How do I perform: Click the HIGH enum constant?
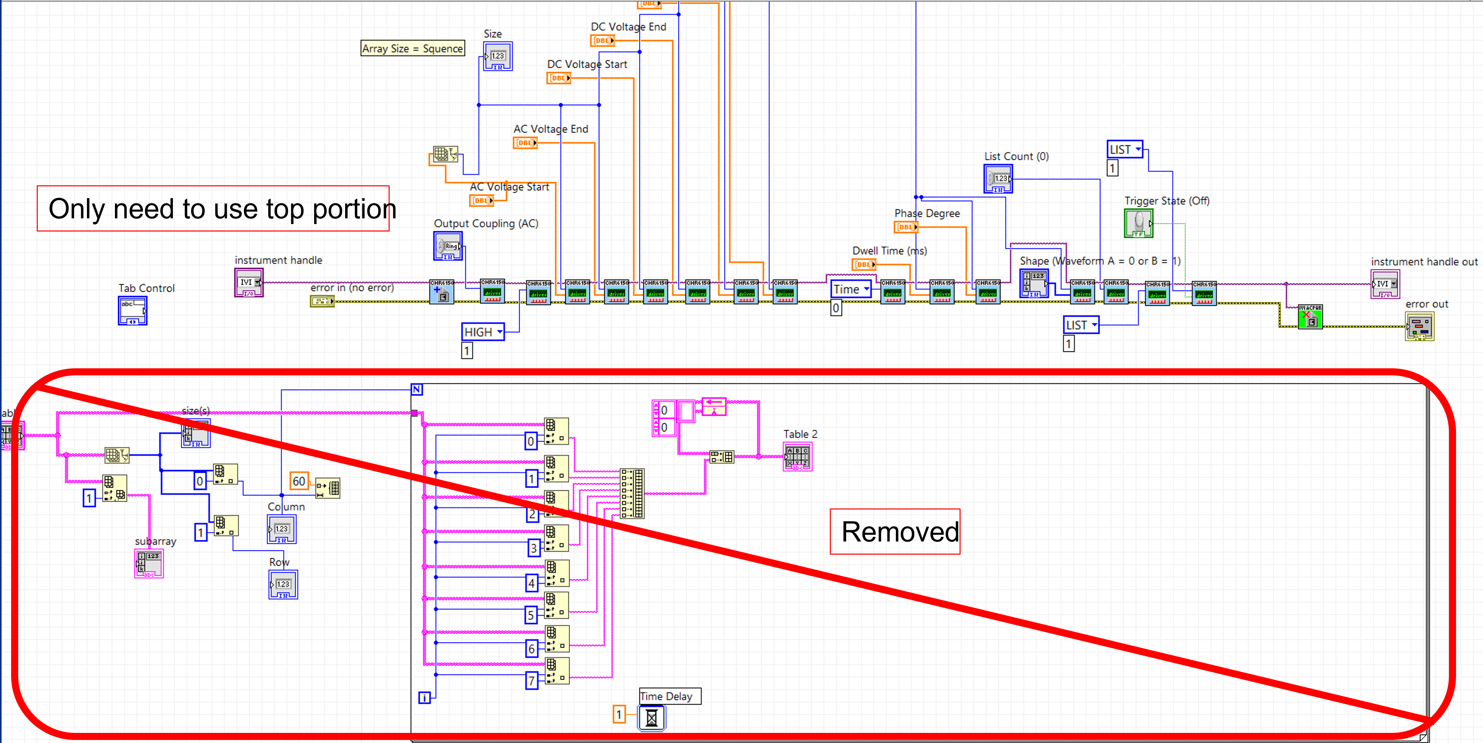coord(482,332)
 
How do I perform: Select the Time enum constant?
coord(850,289)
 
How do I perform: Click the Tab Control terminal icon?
coord(132,311)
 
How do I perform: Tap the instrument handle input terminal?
coord(249,283)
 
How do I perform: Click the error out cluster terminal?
coord(1419,326)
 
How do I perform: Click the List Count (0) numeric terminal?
coord(998,179)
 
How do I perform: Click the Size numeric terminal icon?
coord(497,56)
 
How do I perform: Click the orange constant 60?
coord(299,481)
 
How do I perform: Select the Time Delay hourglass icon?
coord(652,718)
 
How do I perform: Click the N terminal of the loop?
coord(417,390)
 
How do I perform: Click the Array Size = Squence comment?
coord(412,48)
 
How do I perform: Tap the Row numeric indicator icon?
coord(283,585)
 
